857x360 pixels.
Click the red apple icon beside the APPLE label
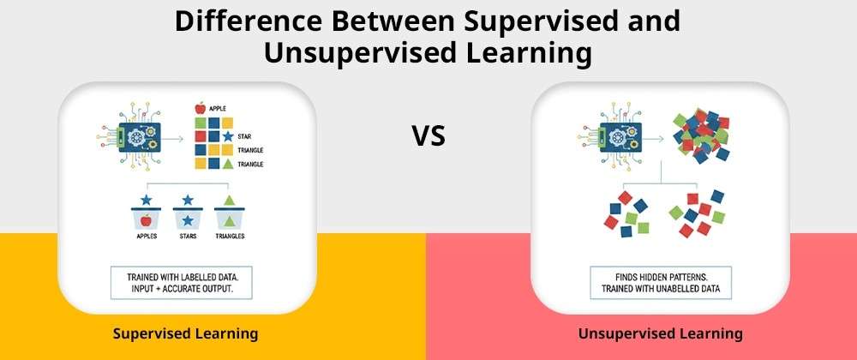coord(200,108)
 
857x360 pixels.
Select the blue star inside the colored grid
coord(228,136)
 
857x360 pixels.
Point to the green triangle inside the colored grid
coord(228,164)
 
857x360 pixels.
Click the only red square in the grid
coord(201,136)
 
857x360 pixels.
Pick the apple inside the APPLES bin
coord(146,220)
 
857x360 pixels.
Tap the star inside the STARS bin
coord(188,220)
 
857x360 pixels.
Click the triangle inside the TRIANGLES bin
coord(230,220)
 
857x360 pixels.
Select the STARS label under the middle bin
coord(188,237)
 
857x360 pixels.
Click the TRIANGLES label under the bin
coord(230,237)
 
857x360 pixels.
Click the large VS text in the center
coord(428,136)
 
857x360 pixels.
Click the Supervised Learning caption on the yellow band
coord(185,333)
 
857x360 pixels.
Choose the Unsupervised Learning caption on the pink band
coord(660,333)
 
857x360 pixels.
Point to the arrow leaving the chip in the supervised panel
coord(174,139)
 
